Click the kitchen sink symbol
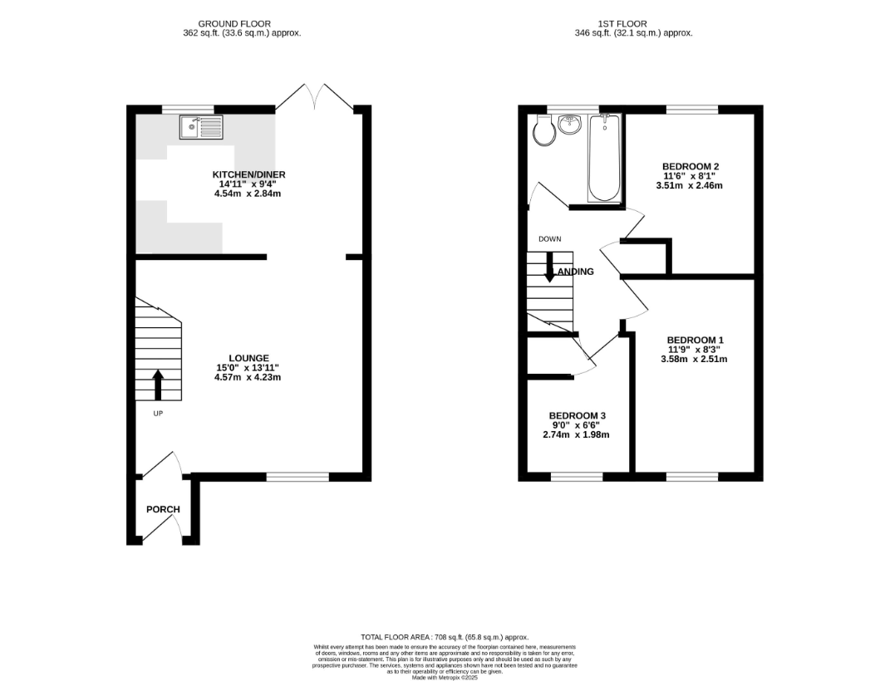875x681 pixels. [x=201, y=127]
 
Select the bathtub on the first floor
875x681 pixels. [x=604, y=158]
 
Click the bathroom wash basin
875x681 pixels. [x=569, y=125]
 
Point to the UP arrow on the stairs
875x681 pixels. [x=158, y=385]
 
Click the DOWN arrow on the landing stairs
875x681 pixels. [x=549, y=267]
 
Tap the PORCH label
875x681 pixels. [x=163, y=509]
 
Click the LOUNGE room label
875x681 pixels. [x=249, y=358]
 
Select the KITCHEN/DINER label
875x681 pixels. [x=248, y=174]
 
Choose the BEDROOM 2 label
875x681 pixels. [x=691, y=166]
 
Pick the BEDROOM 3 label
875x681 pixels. [x=577, y=415]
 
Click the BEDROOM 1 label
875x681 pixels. [x=695, y=340]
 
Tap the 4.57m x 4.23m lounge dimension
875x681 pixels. [x=248, y=378]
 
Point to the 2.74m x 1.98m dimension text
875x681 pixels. [x=576, y=435]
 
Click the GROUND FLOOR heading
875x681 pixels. [x=234, y=24]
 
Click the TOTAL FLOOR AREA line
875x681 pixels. [x=445, y=637]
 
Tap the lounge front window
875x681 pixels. [x=297, y=477]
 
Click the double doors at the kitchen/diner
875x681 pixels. [x=315, y=97]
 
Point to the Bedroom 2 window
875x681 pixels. [x=692, y=110]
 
